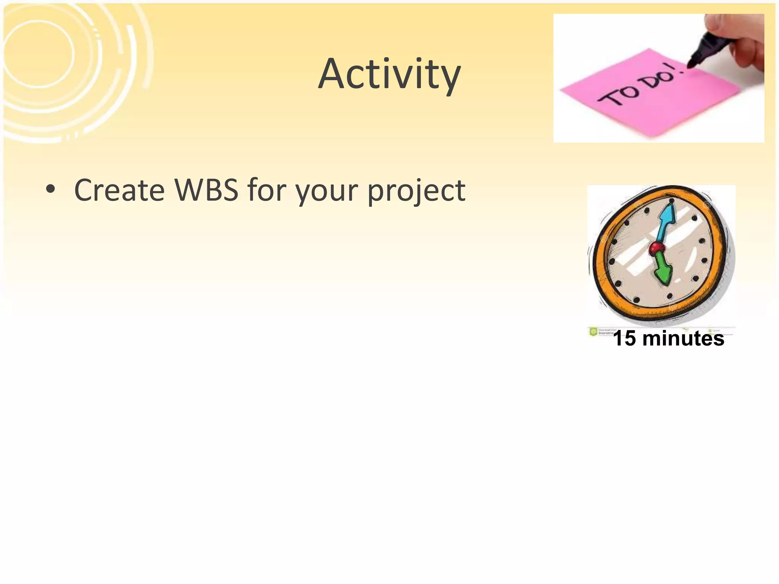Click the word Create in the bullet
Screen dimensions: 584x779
click(x=119, y=190)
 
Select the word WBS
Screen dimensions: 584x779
click(x=206, y=190)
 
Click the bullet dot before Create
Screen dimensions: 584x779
click(x=50, y=189)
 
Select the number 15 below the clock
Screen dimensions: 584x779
click(x=625, y=338)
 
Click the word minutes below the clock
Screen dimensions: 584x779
click(x=683, y=338)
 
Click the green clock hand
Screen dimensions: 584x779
click(x=664, y=270)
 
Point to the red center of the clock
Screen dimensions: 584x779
click(x=656, y=249)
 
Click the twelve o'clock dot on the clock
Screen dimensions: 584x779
click(x=672, y=200)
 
